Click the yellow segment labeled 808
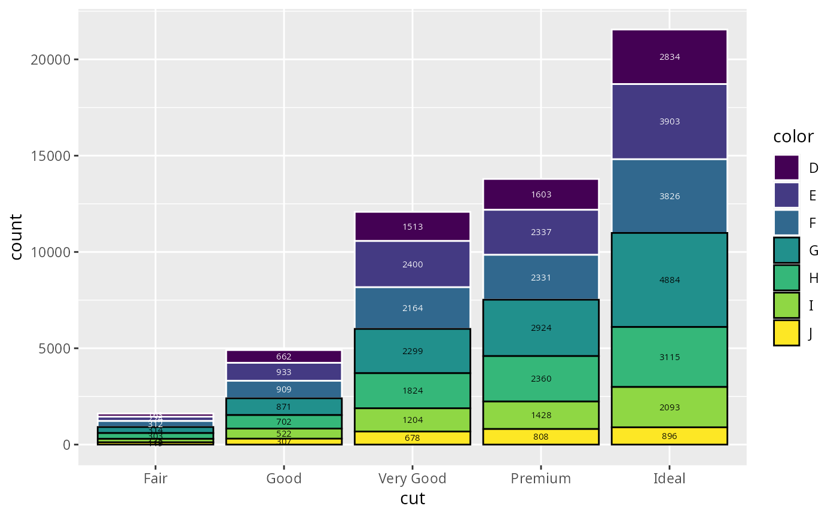click(x=541, y=437)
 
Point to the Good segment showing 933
click(x=284, y=372)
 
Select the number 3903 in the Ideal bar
click(x=669, y=121)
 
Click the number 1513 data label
click(x=413, y=227)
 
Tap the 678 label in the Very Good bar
click(x=413, y=438)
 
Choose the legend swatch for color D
click(x=786, y=167)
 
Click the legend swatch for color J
click(x=786, y=333)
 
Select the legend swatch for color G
click(x=786, y=251)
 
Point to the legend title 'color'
click(x=793, y=137)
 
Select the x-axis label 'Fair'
click(x=155, y=479)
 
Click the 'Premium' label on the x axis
click(x=541, y=479)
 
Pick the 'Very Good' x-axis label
click(x=413, y=479)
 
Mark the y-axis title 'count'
click(x=17, y=237)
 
